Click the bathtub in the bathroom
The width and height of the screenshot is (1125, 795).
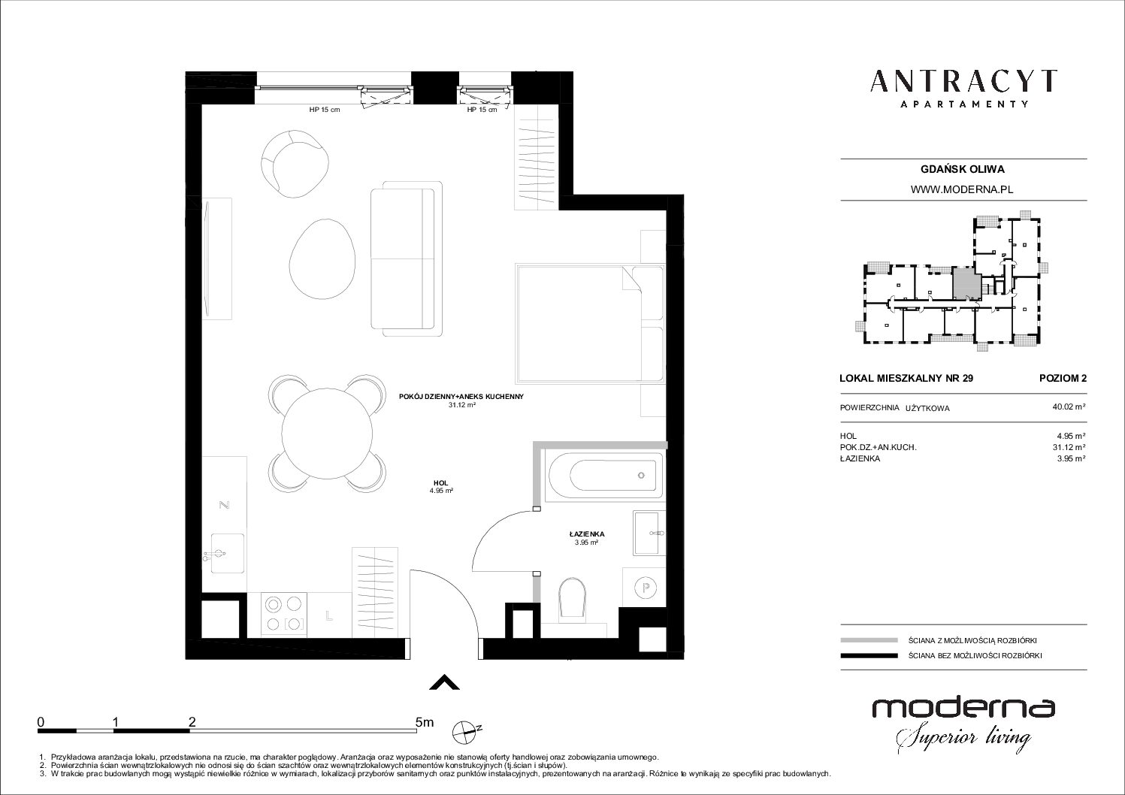pyautogui.click(x=605, y=476)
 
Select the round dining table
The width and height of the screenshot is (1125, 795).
pyautogui.click(x=327, y=433)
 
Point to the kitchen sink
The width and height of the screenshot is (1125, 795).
pyautogui.click(x=228, y=553)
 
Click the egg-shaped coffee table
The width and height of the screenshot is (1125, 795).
pyautogui.click(x=322, y=259)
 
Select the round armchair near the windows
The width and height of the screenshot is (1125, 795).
pyautogui.click(x=295, y=164)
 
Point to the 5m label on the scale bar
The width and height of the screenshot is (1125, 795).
pyautogui.click(x=425, y=722)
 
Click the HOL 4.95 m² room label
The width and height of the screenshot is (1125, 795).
pyautogui.click(x=441, y=487)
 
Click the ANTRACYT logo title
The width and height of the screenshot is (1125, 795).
pyautogui.click(x=963, y=81)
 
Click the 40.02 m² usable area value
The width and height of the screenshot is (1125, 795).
pyautogui.click(x=1069, y=407)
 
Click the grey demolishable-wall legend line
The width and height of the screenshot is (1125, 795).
pyautogui.click(x=869, y=640)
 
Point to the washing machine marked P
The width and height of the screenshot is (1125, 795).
pyautogui.click(x=645, y=587)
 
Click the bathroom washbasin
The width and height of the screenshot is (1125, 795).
pyautogui.click(x=649, y=533)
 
